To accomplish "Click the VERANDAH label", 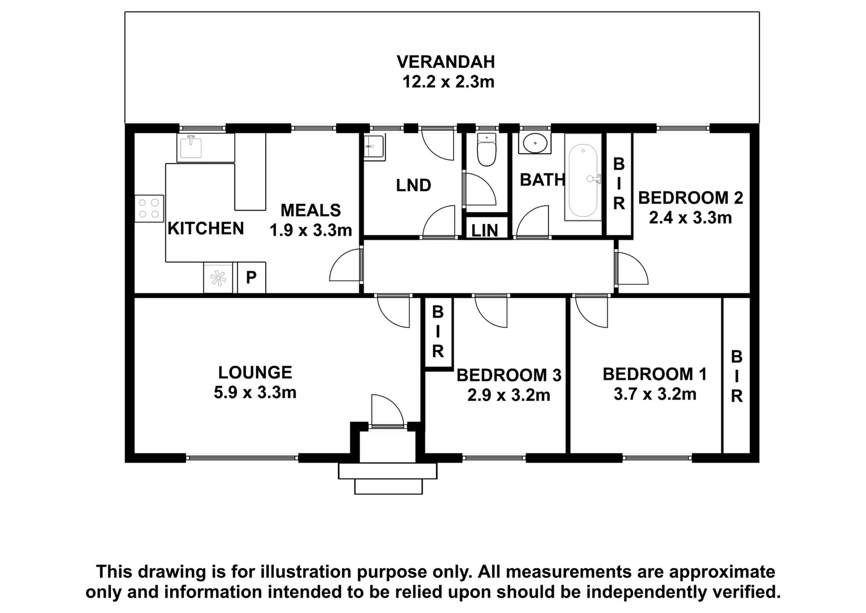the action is (445, 62).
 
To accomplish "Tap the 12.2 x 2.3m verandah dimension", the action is (449, 82).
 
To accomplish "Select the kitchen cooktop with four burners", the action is (149, 208).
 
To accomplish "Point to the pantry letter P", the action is (251, 277).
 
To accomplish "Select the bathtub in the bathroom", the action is (583, 180).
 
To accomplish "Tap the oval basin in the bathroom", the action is (535, 143).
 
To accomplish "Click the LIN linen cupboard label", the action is (485, 231).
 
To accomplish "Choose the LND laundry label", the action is (414, 185).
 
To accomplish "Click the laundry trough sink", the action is (374, 147).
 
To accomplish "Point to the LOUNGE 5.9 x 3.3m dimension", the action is (255, 393).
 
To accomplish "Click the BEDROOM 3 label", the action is (509, 375).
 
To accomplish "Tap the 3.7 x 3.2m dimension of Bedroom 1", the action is (655, 394).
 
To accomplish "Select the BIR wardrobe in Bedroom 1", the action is (737, 376).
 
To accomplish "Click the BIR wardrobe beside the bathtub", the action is (619, 184).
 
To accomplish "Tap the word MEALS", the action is (311, 211).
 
